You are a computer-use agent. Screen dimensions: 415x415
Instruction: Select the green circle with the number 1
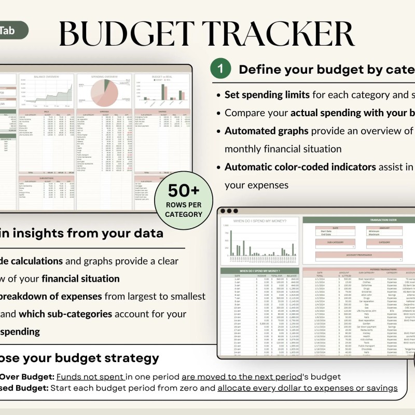point(220,68)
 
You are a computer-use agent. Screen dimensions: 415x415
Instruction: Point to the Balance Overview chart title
point(46,77)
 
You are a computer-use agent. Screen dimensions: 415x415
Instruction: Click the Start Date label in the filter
point(326,230)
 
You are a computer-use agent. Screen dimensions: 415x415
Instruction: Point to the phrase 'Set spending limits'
point(267,95)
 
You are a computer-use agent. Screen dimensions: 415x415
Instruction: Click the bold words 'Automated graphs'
point(266,131)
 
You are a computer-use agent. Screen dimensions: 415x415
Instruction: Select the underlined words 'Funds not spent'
point(90,377)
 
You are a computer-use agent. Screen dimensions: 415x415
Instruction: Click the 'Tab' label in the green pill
point(7,31)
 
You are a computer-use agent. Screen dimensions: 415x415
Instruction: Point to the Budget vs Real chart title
point(161,77)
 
